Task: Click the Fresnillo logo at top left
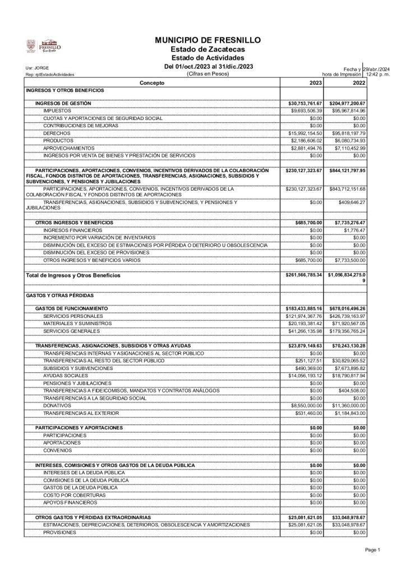coord(44,48)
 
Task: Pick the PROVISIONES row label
coord(59,532)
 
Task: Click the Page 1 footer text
coord(373,549)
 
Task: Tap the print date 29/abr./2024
coord(377,68)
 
